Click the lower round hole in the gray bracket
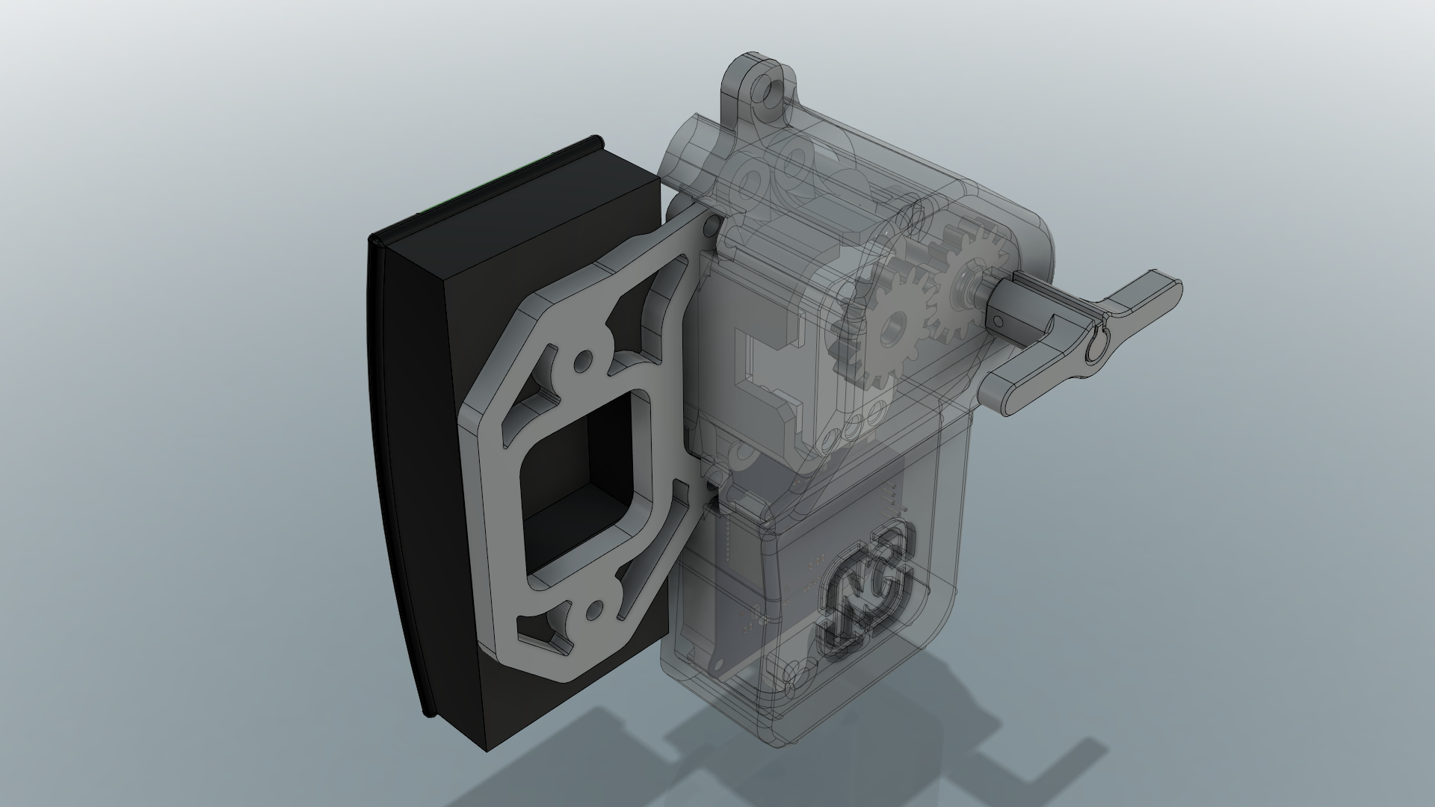[596, 610]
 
